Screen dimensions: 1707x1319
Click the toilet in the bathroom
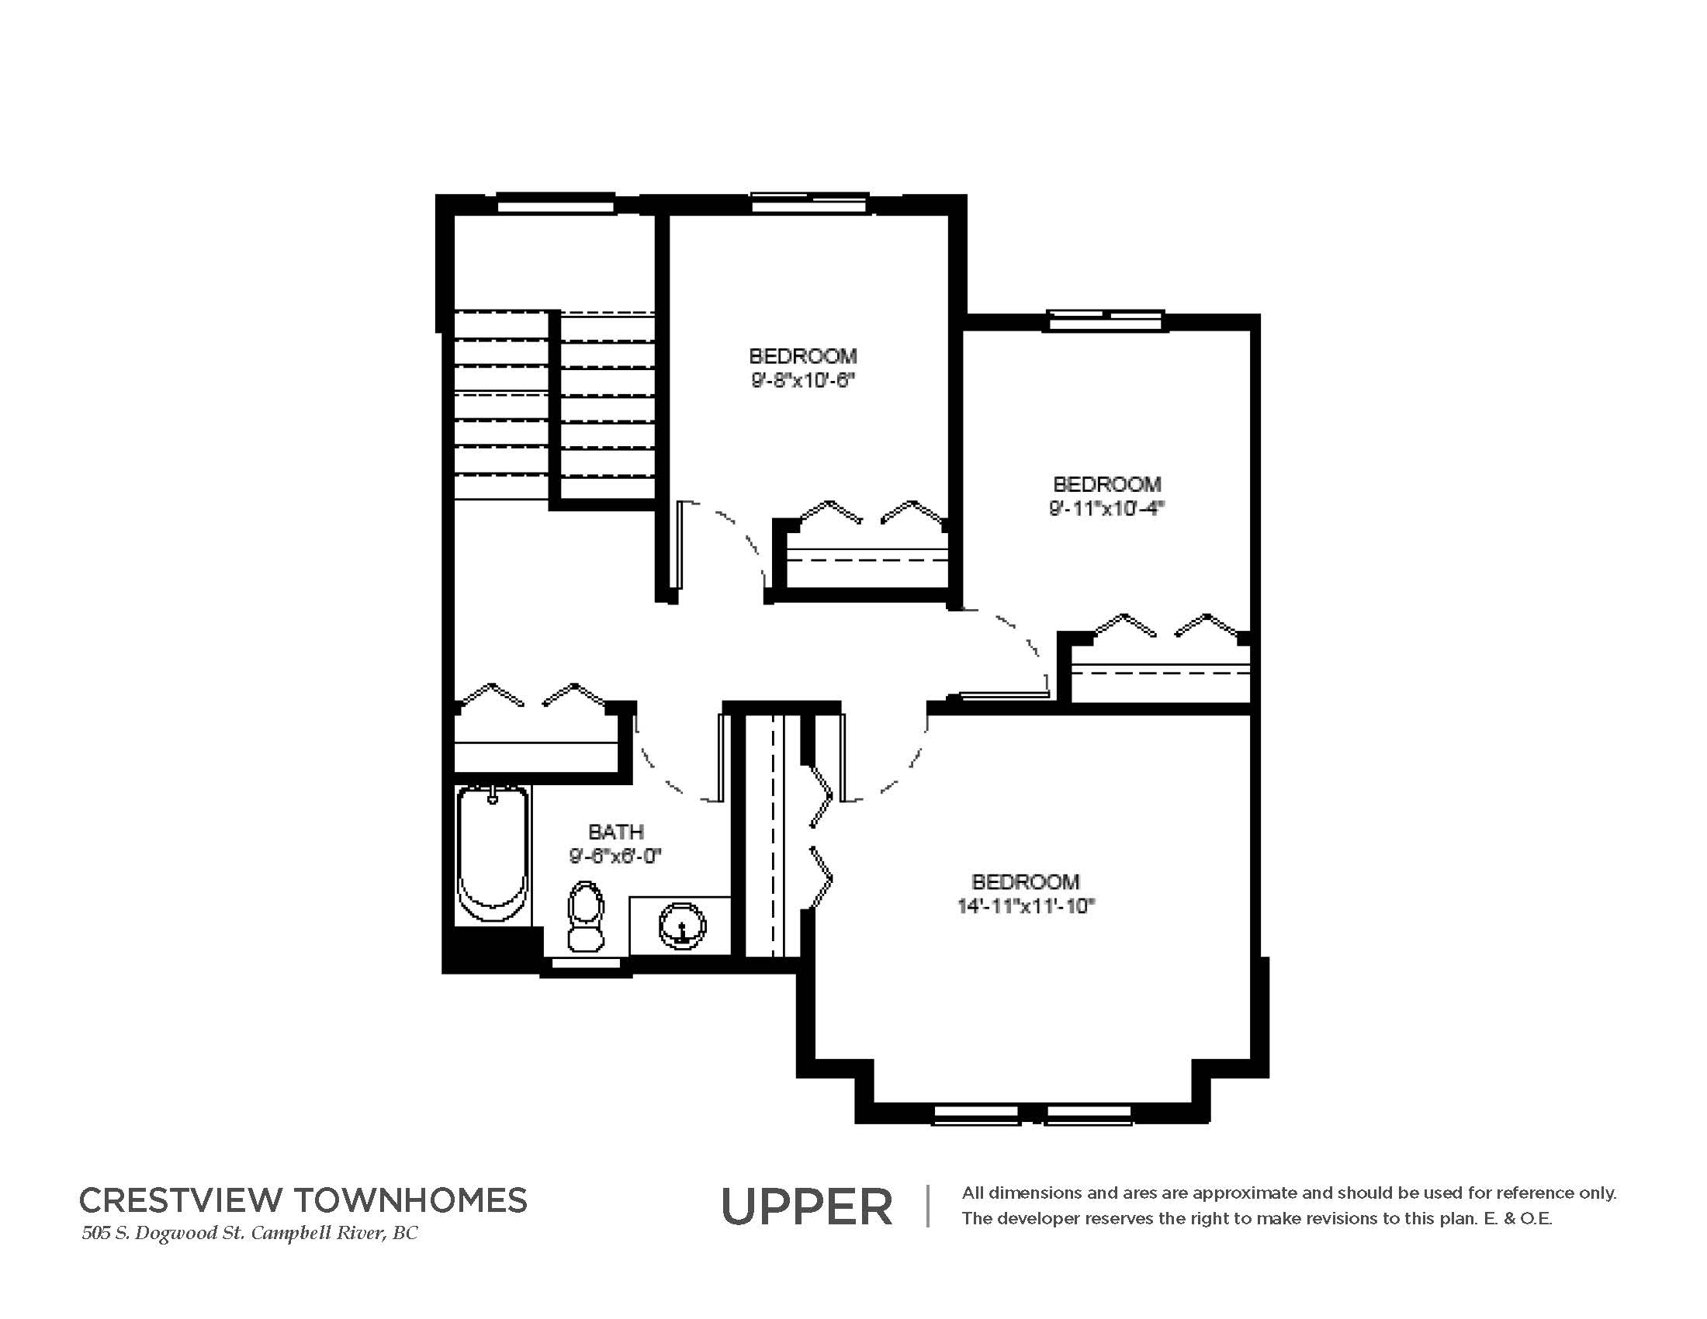(x=585, y=916)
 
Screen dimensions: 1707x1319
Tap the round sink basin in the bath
(x=683, y=926)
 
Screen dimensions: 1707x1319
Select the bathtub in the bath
(x=493, y=855)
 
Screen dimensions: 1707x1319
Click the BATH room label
(x=616, y=832)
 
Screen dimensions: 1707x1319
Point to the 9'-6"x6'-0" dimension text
(x=616, y=857)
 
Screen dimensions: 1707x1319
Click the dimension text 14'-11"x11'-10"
(x=1026, y=906)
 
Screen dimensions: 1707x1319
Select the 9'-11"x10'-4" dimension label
(x=1106, y=509)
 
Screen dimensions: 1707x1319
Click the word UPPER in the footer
(x=807, y=1207)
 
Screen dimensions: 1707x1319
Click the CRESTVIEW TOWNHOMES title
(x=303, y=1200)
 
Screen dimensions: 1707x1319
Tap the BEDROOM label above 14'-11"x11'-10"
(x=1026, y=881)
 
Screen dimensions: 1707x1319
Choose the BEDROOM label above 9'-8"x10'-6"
(x=803, y=355)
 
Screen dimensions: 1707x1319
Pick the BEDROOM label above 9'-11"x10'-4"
(x=1106, y=483)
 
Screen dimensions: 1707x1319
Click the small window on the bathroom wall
(x=585, y=966)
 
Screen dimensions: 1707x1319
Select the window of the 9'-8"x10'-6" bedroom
(x=810, y=203)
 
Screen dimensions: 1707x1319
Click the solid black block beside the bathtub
(x=492, y=950)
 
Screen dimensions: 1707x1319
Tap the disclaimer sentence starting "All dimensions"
(x=1289, y=1193)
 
